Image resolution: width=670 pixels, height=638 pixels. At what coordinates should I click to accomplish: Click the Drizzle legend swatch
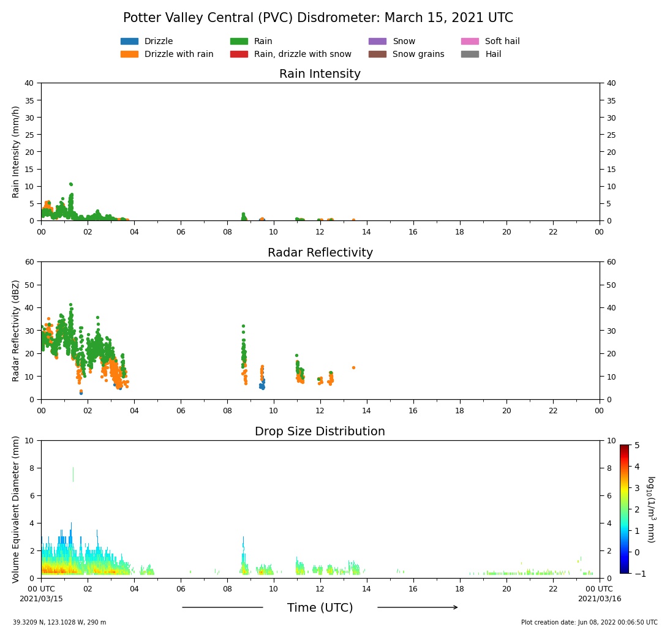pyautogui.click(x=129, y=42)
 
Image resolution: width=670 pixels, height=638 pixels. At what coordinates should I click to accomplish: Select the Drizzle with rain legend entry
pyautogui.click(x=178, y=54)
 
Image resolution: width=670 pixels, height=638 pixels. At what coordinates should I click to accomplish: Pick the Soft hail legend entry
pyautogui.click(x=502, y=42)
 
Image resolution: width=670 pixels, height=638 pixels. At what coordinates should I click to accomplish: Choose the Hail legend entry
pyautogui.click(x=493, y=54)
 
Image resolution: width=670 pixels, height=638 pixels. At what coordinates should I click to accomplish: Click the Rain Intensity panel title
pyautogui.click(x=320, y=74)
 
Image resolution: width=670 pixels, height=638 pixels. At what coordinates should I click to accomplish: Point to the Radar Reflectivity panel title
pyautogui.click(x=320, y=253)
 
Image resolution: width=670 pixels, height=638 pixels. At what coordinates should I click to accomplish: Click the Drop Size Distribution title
pyautogui.click(x=320, y=432)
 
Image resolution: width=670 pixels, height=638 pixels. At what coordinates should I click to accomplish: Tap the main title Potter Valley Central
pyautogui.click(x=318, y=18)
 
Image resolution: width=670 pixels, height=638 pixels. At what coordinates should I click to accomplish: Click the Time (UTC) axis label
pyautogui.click(x=320, y=608)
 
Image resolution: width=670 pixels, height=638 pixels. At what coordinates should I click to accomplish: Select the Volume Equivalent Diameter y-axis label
pyautogui.click(x=16, y=509)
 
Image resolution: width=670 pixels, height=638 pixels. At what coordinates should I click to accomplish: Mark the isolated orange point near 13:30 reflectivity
pyautogui.click(x=353, y=367)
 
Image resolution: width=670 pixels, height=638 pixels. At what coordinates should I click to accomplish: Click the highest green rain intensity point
pyautogui.click(x=70, y=184)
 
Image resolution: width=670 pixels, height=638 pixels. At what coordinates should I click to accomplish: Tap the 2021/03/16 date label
pyautogui.click(x=599, y=599)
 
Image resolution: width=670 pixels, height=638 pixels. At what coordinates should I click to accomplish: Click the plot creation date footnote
pyautogui.click(x=589, y=623)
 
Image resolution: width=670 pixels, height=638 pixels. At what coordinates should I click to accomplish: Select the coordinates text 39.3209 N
pyautogui.click(x=59, y=623)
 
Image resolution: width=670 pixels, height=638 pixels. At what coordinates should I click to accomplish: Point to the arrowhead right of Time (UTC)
pyautogui.click(x=454, y=607)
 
